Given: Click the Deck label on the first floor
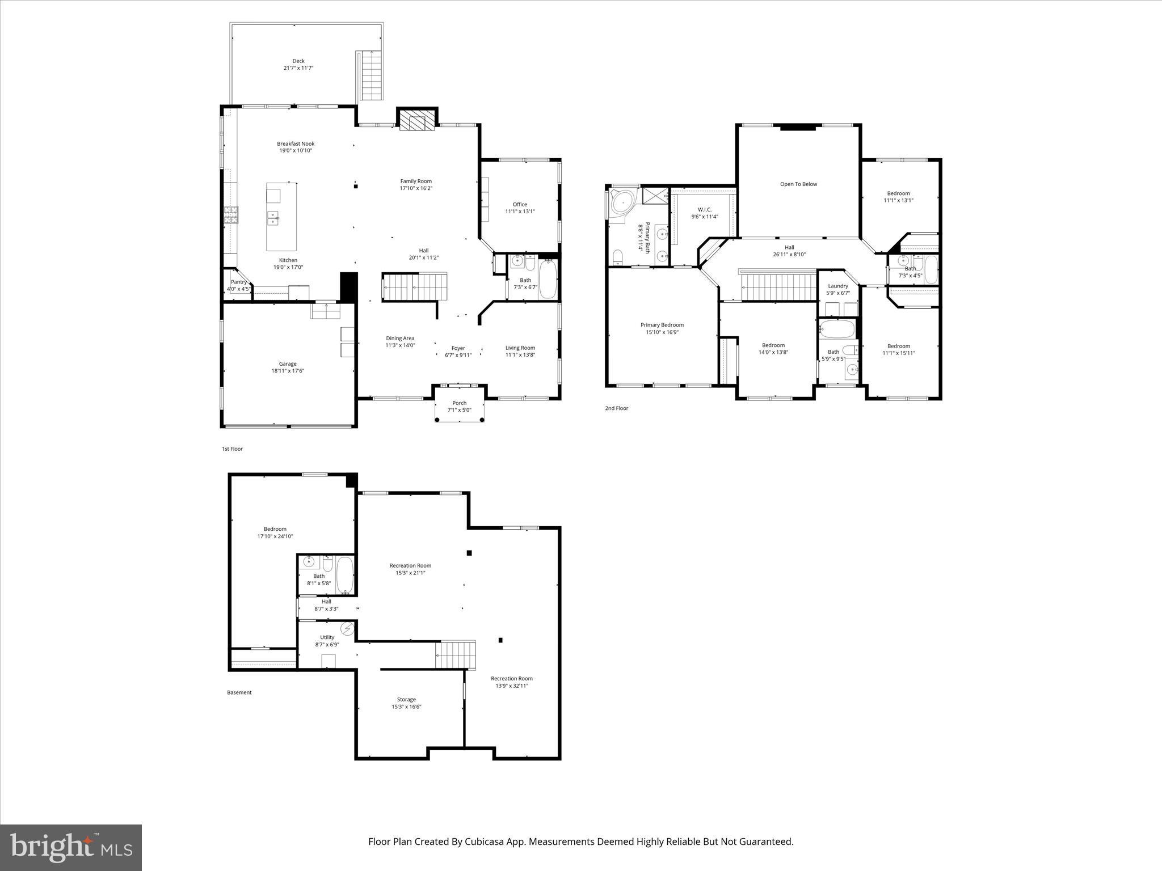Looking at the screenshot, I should tap(298, 61).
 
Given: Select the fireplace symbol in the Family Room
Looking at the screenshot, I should tap(416, 120).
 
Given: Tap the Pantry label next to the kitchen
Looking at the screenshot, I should tap(238, 282).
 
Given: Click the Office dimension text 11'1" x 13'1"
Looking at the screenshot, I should tap(520, 212).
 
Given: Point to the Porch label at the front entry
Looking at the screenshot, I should tap(459, 403).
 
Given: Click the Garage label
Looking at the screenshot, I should tap(288, 364).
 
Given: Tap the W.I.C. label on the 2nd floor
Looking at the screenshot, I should tap(705, 209).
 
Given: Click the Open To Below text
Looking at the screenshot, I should tap(798, 184).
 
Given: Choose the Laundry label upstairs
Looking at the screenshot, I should tap(837, 286).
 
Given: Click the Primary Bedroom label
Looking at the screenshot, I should tap(662, 325).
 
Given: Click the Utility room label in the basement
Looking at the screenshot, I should tap(327, 637).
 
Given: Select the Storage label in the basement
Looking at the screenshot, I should tap(406, 700).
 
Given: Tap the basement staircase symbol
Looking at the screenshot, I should tap(455, 655).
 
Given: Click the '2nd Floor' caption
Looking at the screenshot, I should tap(617, 408).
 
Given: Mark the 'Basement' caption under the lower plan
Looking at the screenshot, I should tap(239, 692).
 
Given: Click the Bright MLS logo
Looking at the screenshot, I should tap(70, 847).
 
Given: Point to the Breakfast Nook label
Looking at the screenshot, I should tap(296, 143).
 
